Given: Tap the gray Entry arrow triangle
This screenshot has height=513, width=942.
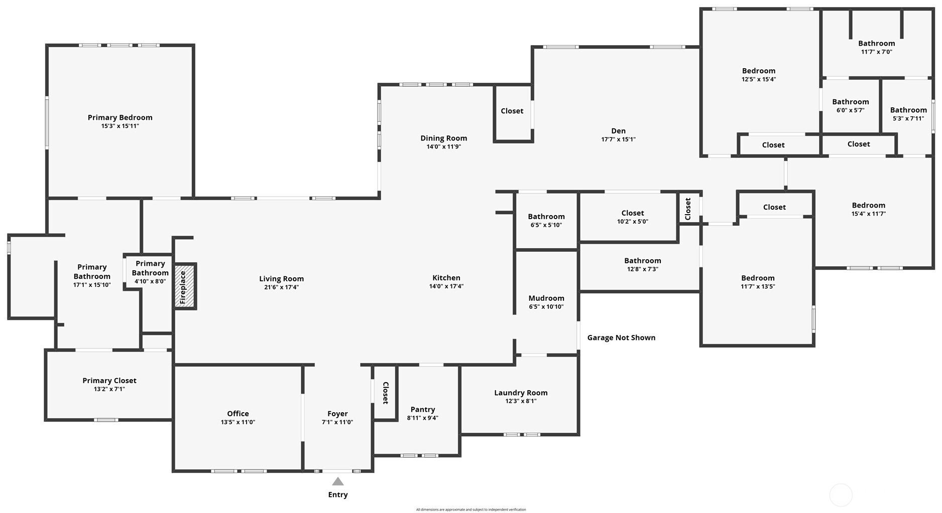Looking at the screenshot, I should pos(338,481).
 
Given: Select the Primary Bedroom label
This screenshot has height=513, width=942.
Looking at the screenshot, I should pos(120,117).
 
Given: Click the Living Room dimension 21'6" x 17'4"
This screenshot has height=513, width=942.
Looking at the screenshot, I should pos(281,287).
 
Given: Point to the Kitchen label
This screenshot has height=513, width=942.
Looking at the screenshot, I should pos(446,278).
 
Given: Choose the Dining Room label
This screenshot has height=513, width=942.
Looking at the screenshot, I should pos(443,138).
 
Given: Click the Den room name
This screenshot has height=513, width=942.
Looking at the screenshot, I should pos(618,131).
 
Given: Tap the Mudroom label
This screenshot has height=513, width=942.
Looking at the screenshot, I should pos(546,298).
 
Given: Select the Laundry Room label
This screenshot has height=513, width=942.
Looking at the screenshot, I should pos(521,393).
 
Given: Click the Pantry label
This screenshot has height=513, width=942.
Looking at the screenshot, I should pos(422,409).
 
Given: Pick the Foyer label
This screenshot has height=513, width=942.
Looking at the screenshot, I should pos(337,414).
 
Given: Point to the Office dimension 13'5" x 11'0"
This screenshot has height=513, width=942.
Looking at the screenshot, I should pos(238,422).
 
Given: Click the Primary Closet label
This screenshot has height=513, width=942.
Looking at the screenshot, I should pos(109,381).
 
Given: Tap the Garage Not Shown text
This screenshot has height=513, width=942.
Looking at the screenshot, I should pos(621,337).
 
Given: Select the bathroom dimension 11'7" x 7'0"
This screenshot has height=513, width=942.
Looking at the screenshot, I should pos(876,52).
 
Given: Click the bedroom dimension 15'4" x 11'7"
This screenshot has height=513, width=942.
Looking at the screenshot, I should pos(868,214).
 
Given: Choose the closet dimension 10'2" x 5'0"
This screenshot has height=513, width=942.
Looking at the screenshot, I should pos(632,221).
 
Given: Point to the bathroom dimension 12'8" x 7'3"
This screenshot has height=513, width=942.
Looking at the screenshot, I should pos(642,269).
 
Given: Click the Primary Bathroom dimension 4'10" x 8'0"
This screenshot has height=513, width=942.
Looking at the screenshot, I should pos(150,281).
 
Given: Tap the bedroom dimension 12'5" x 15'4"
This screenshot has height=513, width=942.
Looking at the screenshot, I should pos(759,79).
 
